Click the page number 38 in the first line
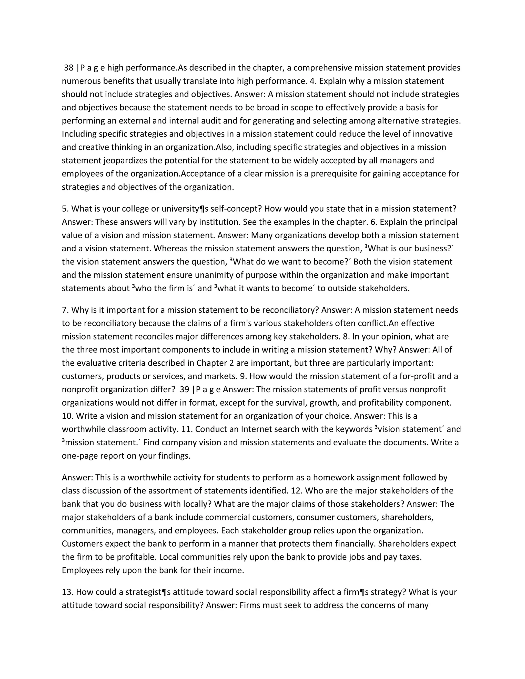click(69, 68)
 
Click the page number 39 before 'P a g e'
click(184, 389)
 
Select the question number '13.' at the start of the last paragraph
click(67, 592)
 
